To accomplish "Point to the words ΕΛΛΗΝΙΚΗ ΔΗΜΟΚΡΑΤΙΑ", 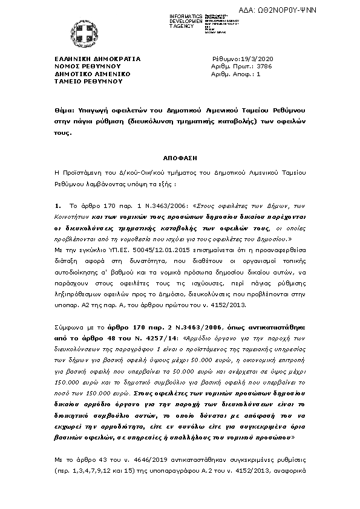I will pyautogui.click(x=97, y=59).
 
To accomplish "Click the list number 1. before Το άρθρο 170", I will pyautogui.click(x=59, y=206).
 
